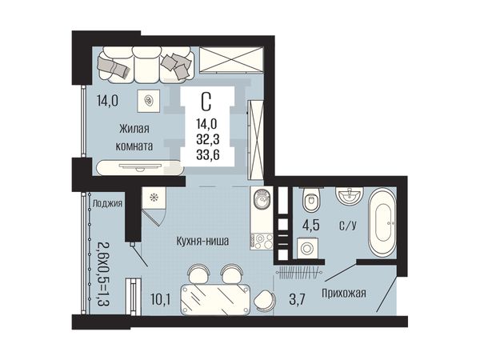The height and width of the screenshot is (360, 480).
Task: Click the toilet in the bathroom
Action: click(311, 199)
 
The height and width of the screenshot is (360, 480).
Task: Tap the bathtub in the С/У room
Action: click(382, 222)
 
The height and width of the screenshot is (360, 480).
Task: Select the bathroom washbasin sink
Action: click(350, 195)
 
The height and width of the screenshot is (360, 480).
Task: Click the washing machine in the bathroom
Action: click(307, 248)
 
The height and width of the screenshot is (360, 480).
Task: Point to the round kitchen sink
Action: click(261, 199)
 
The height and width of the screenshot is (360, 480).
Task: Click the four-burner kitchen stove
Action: click(261, 242)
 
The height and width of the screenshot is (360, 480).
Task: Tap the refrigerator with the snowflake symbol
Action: click(154, 198)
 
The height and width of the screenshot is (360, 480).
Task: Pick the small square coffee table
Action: click(149, 101)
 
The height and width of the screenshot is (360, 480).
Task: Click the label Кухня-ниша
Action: click(202, 242)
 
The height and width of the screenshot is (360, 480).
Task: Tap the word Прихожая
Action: click(344, 294)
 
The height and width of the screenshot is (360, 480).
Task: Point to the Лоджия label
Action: click(107, 203)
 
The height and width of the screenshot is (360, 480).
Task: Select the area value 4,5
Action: click(311, 226)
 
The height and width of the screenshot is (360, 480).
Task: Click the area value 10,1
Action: click(161, 300)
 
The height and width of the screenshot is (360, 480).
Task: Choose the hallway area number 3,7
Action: click(297, 299)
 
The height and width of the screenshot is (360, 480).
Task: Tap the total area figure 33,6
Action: click(208, 155)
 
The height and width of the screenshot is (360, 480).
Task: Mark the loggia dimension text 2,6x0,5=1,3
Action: click(104, 274)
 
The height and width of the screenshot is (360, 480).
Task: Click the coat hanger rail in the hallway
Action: click(298, 272)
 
